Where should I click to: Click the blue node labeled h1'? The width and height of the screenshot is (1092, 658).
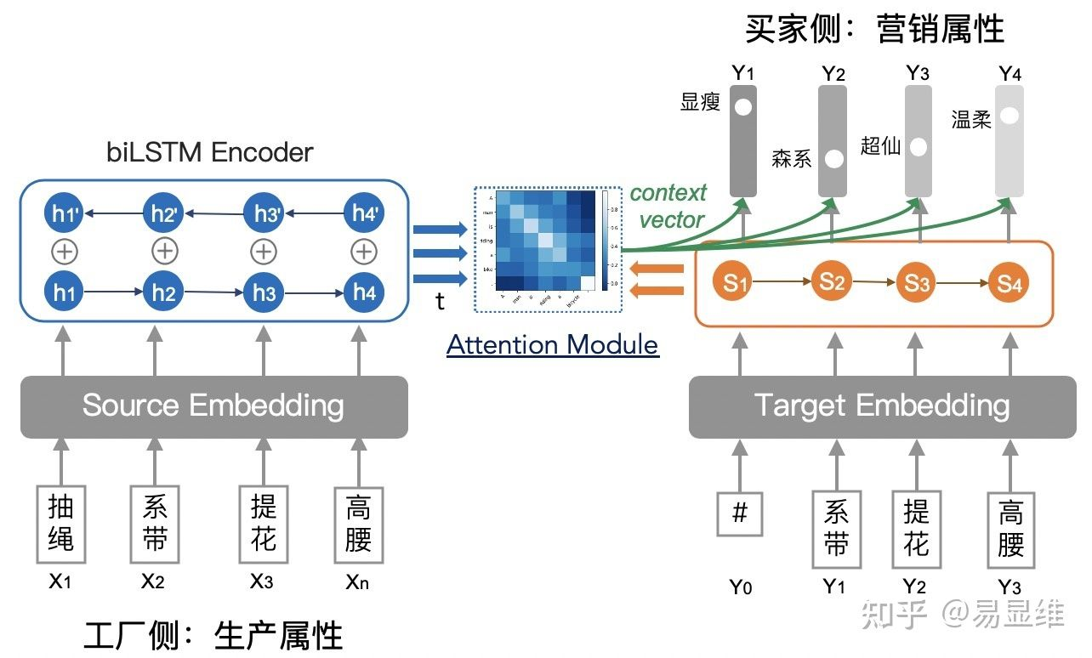[64, 213]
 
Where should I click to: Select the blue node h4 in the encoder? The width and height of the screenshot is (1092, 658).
[364, 292]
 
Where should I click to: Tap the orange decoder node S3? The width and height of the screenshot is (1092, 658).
[916, 283]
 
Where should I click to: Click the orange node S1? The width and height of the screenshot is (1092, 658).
[737, 283]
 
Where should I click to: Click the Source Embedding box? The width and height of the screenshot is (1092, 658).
[213, 406]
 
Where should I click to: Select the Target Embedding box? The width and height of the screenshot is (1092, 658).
[881, 406]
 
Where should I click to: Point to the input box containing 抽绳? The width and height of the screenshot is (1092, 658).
[60, 524]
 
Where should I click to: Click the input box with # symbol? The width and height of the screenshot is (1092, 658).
[739, 513]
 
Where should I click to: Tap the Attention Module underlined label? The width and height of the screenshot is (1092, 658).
[553, 345]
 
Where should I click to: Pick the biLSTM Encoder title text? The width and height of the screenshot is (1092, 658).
[210, 153]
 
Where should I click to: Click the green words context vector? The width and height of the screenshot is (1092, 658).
[669, 207]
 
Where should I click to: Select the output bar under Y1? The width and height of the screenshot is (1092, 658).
[742, 139]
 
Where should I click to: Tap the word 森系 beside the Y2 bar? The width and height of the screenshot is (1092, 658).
[792, 158]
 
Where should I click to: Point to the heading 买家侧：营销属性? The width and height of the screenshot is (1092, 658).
[874, 29]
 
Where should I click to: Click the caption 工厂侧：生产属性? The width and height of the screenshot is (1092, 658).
[213, 636]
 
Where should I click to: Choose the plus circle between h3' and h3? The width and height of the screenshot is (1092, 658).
[264, 252]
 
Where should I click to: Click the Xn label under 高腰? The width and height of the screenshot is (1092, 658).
[357, 582]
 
